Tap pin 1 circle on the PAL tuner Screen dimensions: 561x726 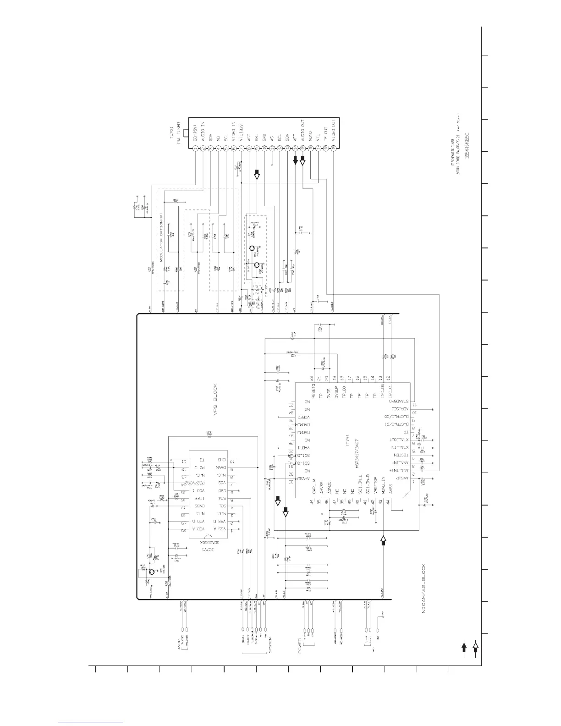click(x=196, y=148)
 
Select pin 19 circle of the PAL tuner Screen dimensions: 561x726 click(x=333, y=148)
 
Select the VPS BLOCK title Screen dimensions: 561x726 click(x=214, y=399)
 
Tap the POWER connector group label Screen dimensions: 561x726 click(x=300, y=646)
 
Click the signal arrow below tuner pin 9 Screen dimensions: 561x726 click(x=257, y=174)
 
